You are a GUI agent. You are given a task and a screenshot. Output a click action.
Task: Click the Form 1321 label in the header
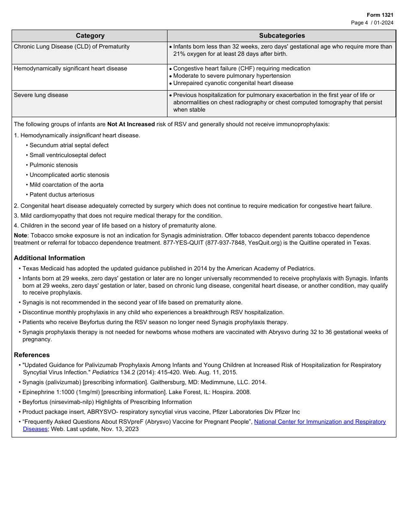(380, 15)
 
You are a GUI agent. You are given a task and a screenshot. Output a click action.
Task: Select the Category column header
(90, 36)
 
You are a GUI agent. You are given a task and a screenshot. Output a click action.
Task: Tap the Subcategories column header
(282, 36)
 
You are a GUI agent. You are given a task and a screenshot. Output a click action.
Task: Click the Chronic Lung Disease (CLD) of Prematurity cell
(72, 47)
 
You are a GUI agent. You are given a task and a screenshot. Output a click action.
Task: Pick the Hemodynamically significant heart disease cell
(70, 69)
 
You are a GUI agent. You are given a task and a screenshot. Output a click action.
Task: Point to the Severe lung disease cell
(41, 95)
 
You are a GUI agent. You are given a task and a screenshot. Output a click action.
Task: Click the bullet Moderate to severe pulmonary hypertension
(232, 76)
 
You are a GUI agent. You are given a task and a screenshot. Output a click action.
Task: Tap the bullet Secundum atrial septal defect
(69, 146)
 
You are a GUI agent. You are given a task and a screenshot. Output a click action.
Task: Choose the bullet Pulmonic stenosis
(54, 165)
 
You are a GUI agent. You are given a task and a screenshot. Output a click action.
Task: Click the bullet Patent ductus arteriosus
(62, 195)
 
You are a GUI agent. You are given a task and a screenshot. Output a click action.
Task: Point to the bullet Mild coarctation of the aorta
(66, 185)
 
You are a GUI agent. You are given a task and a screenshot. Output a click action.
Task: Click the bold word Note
(20, 236)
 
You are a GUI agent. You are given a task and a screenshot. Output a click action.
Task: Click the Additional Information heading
(49, 258)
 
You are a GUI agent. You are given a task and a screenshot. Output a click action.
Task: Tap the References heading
(32, 355)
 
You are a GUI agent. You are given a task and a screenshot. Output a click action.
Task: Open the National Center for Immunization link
(320, 422)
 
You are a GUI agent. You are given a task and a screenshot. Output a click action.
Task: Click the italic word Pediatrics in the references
(106, 373)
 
